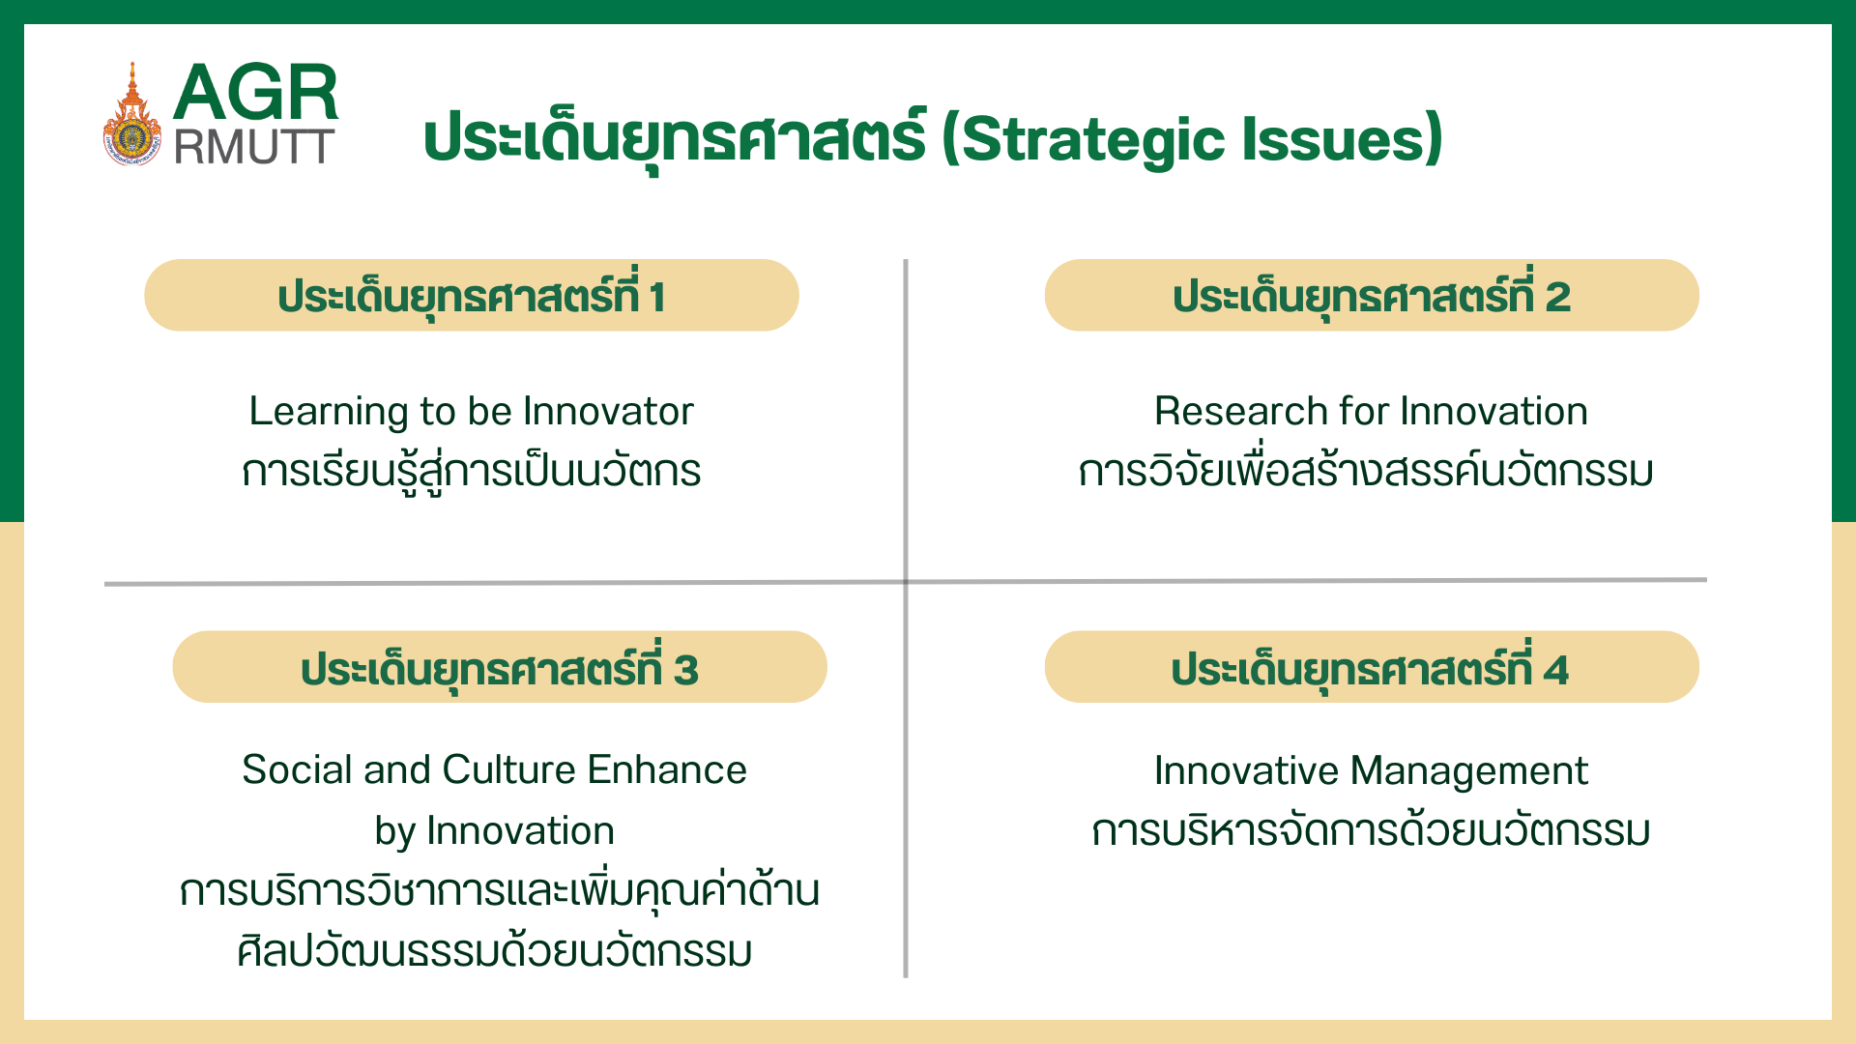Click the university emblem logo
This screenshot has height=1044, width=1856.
[132, 119]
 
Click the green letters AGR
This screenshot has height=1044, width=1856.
[255, 93]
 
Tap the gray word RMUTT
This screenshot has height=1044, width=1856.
[253, 148]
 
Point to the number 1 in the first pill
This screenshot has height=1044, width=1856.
[657, 297]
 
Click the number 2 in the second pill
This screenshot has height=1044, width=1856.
[1557, 297]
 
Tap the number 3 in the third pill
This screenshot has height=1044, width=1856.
[685, 670]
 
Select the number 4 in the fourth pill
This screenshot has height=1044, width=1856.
[1555, 670]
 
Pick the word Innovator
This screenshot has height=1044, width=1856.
[608, 412]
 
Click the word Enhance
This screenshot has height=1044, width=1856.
[667, 770]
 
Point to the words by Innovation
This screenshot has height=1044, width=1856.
[494, 831]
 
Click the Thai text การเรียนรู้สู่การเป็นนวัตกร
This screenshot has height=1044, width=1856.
[471, 473]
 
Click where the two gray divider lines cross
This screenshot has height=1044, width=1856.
[906, 582]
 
